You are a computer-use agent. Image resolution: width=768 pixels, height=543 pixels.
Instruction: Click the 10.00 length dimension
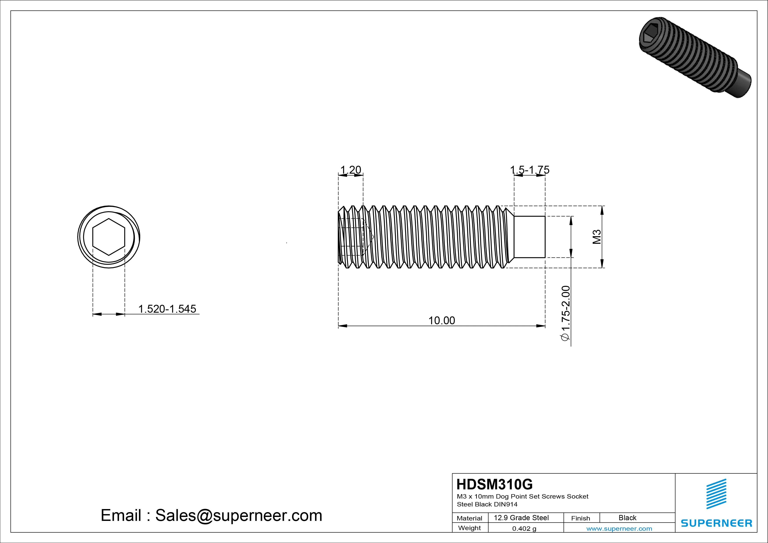point(442,321)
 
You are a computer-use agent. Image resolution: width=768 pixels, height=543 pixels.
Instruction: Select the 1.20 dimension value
point(350,170)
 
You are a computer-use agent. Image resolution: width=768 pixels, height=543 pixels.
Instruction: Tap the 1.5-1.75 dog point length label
point(530,170)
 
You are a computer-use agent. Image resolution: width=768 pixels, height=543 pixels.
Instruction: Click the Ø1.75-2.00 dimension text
point(565,313)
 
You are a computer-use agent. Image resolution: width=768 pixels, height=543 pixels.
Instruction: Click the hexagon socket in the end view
point(109,237)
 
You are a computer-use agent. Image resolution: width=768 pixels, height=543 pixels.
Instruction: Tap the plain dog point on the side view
point(529,237)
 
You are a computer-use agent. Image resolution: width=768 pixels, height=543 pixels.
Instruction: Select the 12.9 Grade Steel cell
point(521,518)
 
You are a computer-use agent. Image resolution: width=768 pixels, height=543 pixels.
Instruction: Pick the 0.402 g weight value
point(524,529)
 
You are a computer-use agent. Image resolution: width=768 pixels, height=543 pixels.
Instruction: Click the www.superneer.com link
point(619,529)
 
